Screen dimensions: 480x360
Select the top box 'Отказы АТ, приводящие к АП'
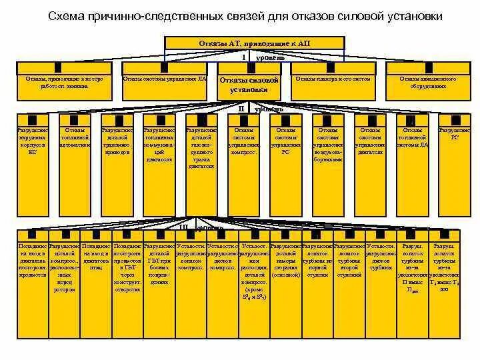[x=255, y=43]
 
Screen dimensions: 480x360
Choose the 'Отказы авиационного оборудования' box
[x=427, y=82]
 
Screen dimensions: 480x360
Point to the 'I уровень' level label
[x=263, y=57]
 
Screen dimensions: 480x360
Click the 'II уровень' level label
[x=260, y=108]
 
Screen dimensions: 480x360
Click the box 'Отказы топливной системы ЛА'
[x=413, y=137]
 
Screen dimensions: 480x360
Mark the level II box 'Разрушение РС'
[x=454, y=133]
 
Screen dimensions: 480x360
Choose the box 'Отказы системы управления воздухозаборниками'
[x=328, y=144]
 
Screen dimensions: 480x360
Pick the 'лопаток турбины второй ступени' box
[x=350, y=259]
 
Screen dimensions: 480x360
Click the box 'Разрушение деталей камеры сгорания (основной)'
[x=286, y=259]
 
